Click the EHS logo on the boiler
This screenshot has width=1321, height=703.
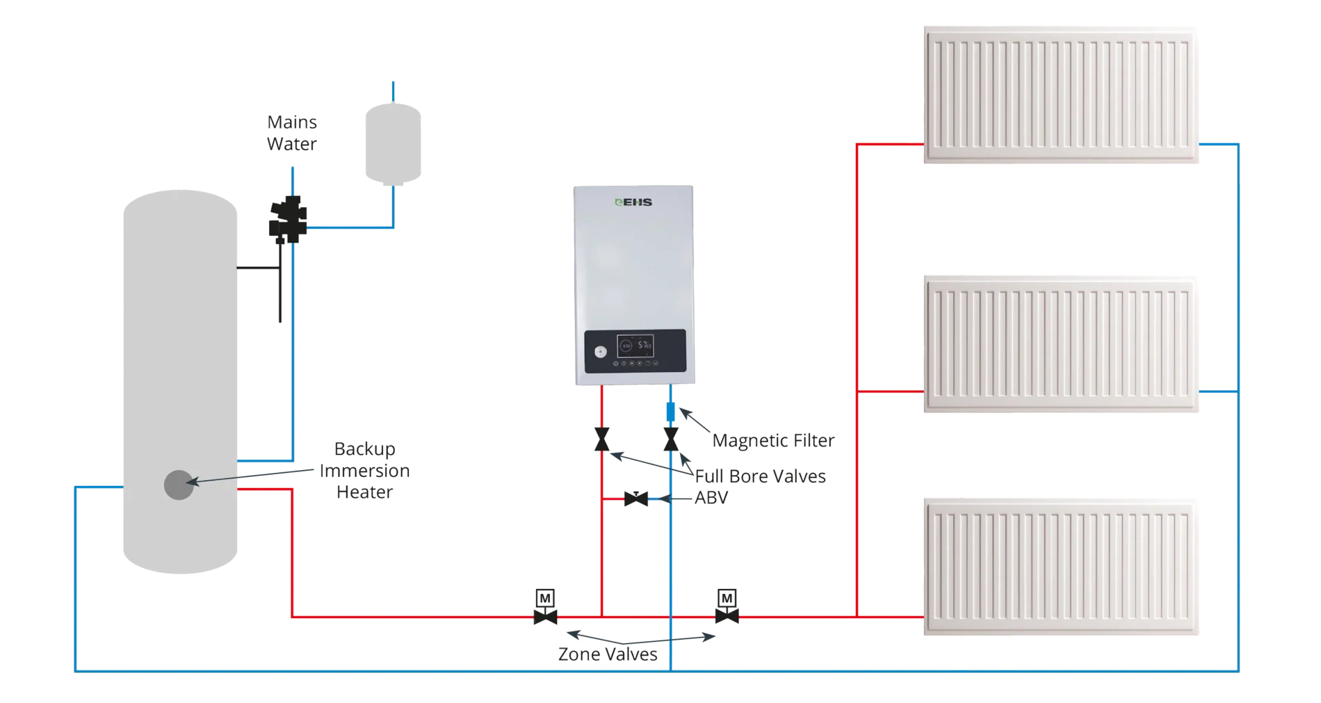[633, 203]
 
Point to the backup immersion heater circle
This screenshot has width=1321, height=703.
[179, 485]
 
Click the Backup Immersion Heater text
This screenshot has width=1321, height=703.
[365, 471]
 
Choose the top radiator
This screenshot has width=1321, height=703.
[1062, 95]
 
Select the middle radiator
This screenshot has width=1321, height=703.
[1062, 345]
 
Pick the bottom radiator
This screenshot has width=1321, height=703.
[1062, 567]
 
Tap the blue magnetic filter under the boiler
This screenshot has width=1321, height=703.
[671, 412]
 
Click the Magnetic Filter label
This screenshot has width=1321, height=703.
[773, 441]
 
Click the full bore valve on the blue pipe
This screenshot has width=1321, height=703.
[671, 439]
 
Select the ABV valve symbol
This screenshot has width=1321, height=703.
[636, 499]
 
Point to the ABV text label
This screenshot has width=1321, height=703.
[711, 499]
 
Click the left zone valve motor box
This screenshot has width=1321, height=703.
[546, 598]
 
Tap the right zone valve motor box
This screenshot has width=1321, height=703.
[727, 598]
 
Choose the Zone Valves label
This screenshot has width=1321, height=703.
[607, 654]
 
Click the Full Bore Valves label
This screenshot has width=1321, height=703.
[761, 476]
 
